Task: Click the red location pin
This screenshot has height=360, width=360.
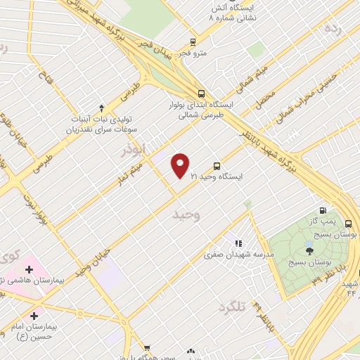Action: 180,165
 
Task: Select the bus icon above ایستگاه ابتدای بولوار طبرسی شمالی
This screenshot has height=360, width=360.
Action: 202,94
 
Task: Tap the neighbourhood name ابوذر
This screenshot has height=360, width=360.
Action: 131,150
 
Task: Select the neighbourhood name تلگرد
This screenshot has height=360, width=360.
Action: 234,307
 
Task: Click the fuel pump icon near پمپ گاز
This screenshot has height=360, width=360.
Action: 323,210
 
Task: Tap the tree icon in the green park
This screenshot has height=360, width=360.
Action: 309,250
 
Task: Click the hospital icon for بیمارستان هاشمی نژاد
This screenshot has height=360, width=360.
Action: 29,269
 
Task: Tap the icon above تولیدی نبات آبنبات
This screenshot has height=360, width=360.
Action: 101,108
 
